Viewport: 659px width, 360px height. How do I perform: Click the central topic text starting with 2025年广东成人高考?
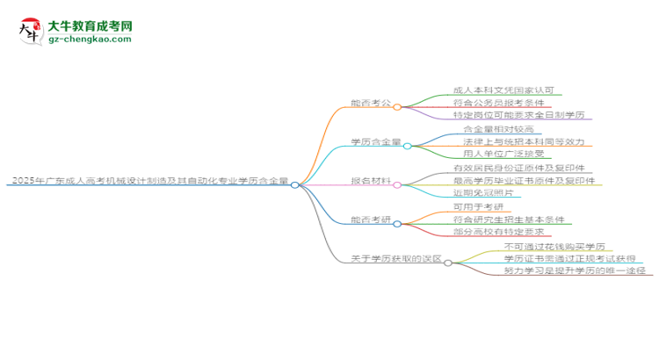pos(148,182)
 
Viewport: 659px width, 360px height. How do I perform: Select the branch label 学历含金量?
pos(376,142)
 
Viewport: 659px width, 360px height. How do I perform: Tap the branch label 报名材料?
pos(371,182)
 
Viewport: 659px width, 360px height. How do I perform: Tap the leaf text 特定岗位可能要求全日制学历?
pos(517,115)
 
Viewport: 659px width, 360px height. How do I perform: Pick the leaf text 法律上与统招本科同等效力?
pos(523,141)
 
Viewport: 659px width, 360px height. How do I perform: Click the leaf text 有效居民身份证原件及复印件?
pos(518,168)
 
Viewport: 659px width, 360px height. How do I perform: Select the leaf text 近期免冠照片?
pos(485,193)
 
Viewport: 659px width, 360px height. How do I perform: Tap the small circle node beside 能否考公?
pos(397,106)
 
